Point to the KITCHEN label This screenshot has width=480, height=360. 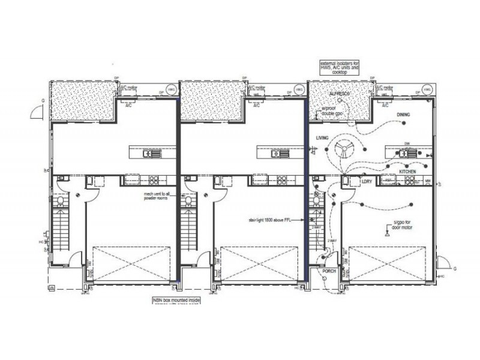408,172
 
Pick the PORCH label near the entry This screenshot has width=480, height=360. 329,271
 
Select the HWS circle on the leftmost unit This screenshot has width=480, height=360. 170,89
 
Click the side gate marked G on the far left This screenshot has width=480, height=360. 37,112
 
